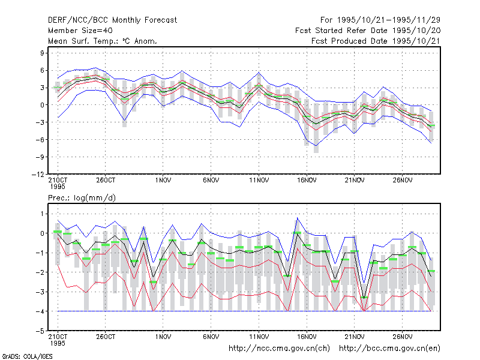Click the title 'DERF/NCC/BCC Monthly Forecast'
112,20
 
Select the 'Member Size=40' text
80,31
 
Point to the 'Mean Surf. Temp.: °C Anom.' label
103,41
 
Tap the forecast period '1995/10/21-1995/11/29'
388,20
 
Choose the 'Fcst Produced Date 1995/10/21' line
376,41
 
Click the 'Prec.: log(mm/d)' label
82,198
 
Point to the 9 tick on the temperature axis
42,53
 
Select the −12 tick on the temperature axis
38,175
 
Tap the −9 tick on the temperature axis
40,157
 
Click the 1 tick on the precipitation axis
42,214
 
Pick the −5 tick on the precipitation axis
40,331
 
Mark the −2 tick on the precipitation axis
40,272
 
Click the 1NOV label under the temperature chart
163,181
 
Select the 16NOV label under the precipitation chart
307,337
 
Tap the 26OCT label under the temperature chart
106,181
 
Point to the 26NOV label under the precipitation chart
402,337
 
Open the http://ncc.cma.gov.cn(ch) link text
279,349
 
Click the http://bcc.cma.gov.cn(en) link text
389,349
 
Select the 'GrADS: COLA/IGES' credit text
27,356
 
